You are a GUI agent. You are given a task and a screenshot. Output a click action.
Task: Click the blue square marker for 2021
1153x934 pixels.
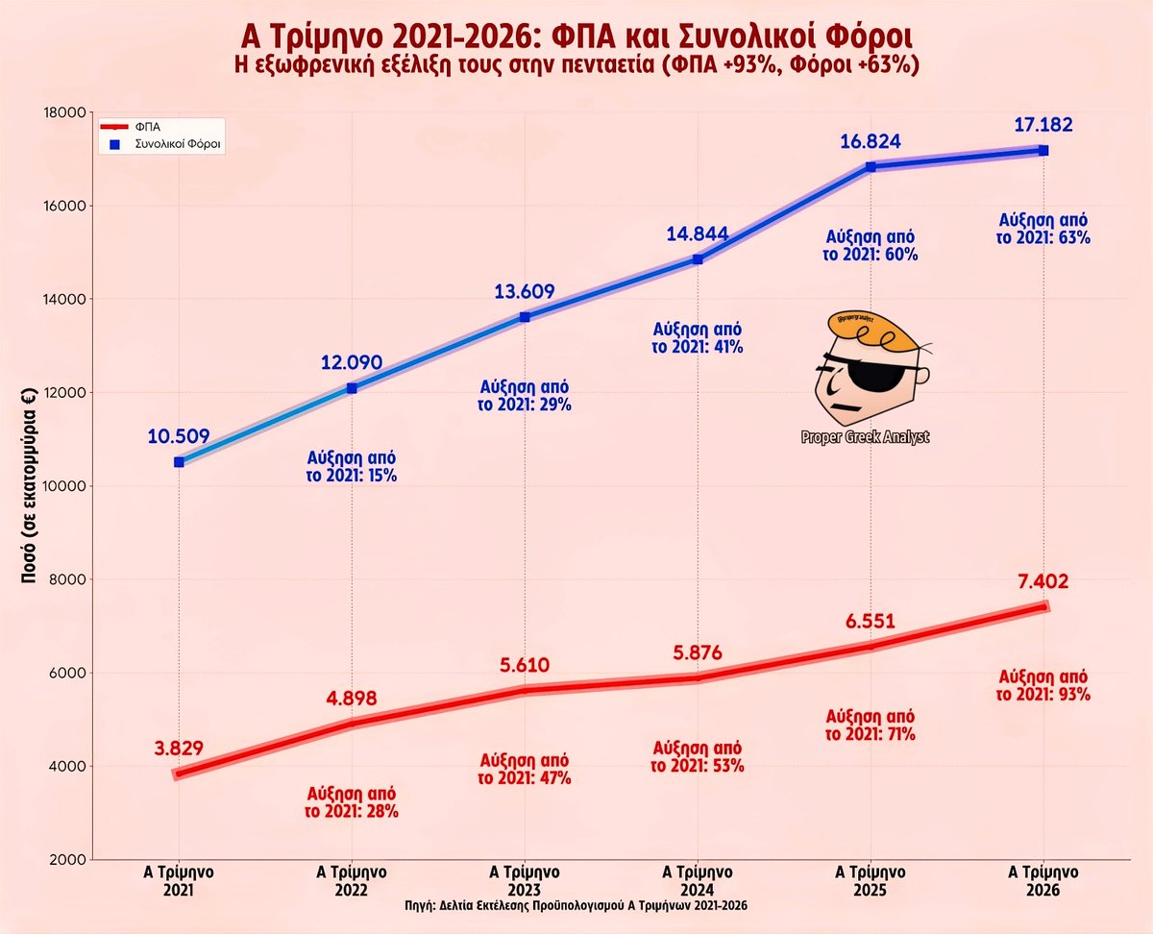[179, 462]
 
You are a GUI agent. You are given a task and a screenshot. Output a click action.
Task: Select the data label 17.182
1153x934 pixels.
[1043, 125]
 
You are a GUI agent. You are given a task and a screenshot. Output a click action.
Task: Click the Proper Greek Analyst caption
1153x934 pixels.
[866, 438]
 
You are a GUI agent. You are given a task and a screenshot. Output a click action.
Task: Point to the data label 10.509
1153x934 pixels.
[179, 436]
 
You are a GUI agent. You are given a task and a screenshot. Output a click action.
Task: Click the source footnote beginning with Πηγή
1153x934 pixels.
[576, 907]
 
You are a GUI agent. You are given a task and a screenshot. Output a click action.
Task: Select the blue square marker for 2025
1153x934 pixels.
[871, 166]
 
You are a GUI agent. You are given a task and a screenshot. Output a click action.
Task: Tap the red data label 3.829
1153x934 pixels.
[179, 748]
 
